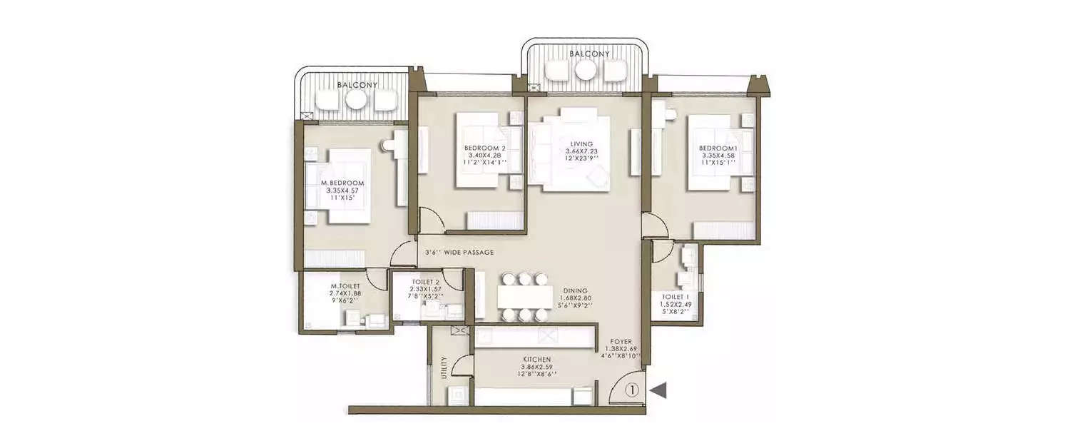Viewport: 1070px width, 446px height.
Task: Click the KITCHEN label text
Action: click(x=535, y=359)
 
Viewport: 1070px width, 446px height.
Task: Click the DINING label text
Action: click(x=574, y=290)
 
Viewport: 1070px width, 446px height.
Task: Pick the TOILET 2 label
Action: click(x=420, y=281)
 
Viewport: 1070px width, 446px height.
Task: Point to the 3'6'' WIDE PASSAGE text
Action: click(x=459, y=253)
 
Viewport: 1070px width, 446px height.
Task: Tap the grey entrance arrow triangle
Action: click(x=659, y=390)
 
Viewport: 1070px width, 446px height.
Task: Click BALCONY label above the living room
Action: click(x=588, y=54)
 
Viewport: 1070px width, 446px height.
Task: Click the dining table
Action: click(x=525, y=296)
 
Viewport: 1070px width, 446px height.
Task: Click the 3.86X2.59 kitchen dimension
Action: click(x=535, y=367)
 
